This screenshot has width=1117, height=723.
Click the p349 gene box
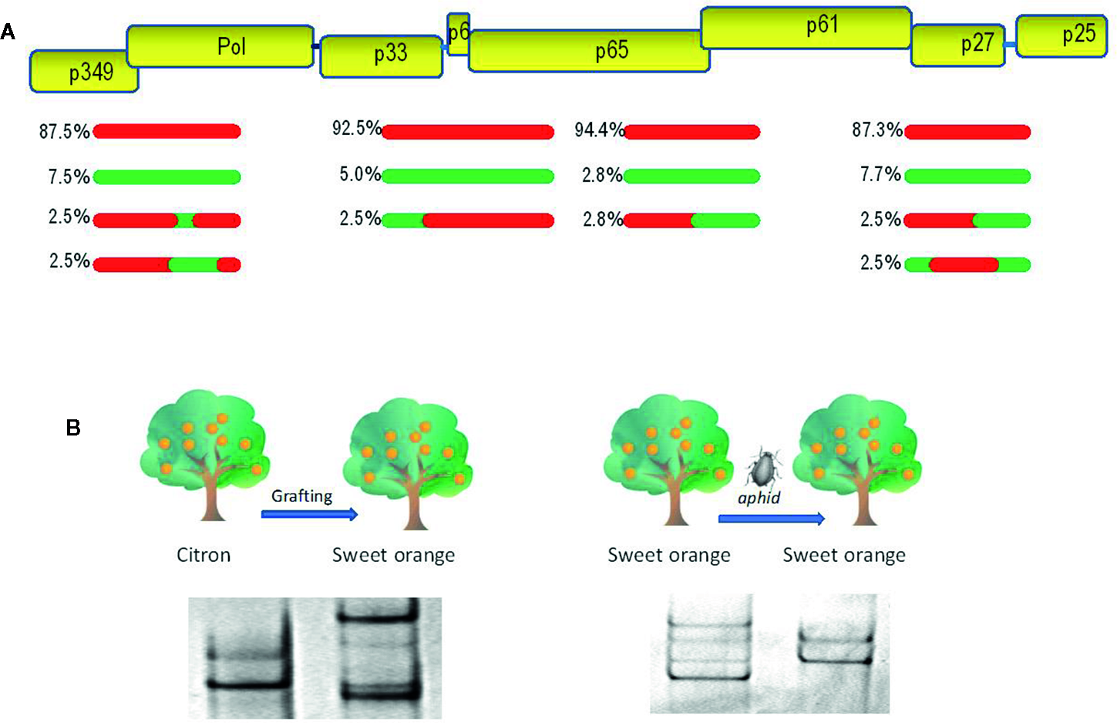pos(84,72)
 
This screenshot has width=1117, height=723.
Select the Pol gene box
pos(220,46)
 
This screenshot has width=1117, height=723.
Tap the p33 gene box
pos(382,56)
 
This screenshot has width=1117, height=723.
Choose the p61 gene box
pos(806,28)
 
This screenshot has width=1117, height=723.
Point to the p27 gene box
pos(958,45)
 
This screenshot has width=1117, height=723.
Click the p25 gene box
pos(1061,35)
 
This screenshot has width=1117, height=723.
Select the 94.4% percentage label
pos(599,130)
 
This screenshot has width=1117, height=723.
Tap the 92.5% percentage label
pos(356,128)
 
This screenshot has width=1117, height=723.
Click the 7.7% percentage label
pos(880,175)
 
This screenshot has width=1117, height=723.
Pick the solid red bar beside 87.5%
pos(167,132)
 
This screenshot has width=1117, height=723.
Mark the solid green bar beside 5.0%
pos(468,177)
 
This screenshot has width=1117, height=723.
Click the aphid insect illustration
pos(763,467)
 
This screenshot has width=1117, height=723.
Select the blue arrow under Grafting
pos(309,514)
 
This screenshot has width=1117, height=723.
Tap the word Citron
pos(204,555)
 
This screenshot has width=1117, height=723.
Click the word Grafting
pos(301,496)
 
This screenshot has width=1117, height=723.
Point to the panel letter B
pos(73,428)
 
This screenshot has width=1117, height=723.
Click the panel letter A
pos(8,32)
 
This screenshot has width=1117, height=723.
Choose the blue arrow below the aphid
pos(771,519)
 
